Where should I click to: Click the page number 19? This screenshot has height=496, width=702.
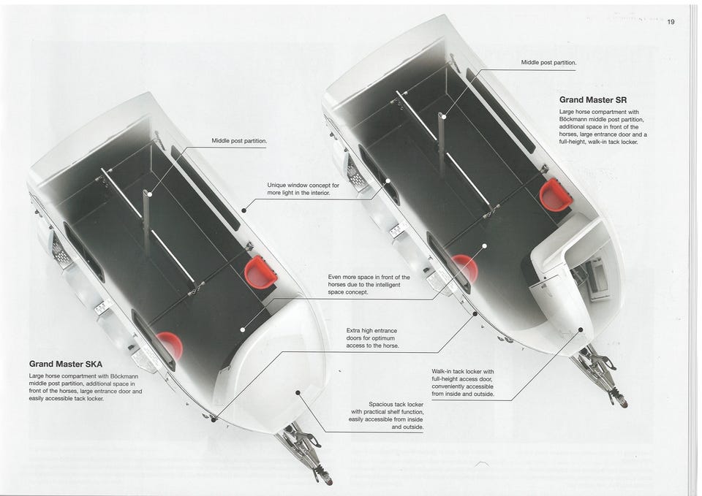(671, 22)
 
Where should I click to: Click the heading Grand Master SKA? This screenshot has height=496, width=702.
(65, 364)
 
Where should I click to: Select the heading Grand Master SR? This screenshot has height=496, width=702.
(593, 100)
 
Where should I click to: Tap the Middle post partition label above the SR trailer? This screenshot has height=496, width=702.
(548, 63)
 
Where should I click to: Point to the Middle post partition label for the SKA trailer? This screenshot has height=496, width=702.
(239, 141)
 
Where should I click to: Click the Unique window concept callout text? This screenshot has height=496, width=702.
(303, 188)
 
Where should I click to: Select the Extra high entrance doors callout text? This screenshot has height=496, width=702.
(372, 338)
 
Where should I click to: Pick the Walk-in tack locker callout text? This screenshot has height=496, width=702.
(463, 383)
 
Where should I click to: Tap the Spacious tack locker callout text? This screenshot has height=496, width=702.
(386, 416)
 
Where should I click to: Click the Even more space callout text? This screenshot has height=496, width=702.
(369, 284)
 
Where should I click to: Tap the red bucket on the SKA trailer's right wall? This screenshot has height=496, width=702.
(260, 272)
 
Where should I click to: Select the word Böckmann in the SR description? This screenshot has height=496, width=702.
(573, 119)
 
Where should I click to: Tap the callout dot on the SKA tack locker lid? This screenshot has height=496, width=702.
(298, 392)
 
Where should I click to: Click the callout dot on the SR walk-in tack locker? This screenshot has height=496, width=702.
(581, 329)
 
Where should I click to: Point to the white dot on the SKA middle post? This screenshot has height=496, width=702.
(150, 194)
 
